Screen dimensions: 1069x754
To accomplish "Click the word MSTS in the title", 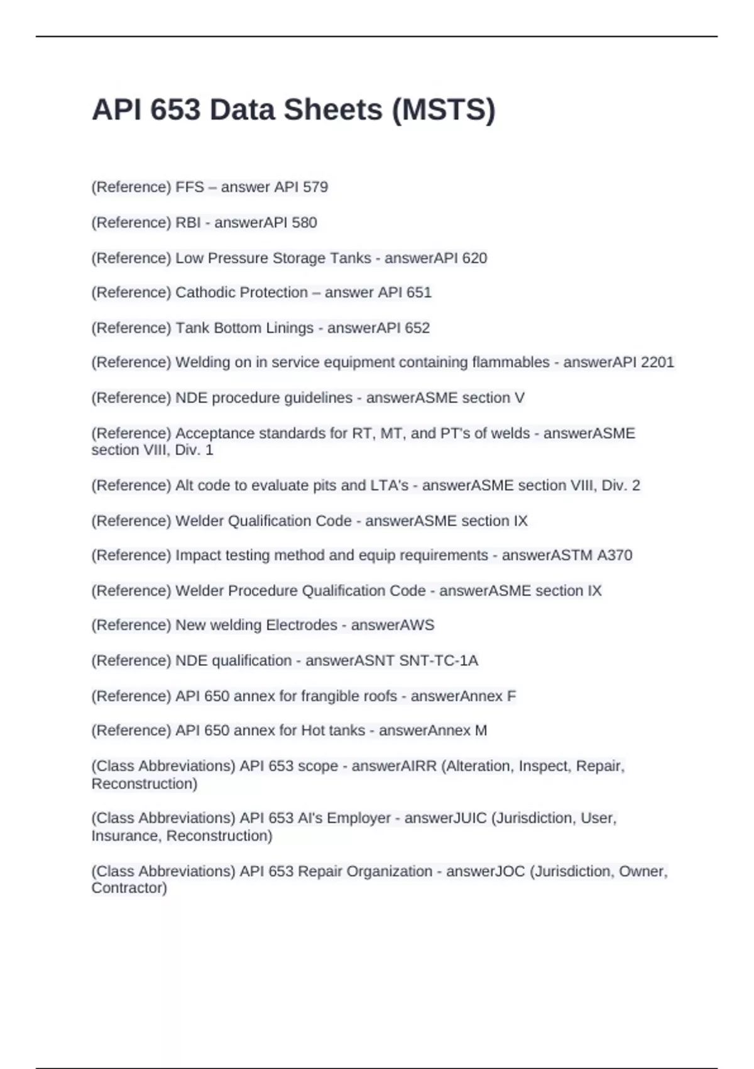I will coord(444,110).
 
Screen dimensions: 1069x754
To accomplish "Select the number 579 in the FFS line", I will coord(315,187).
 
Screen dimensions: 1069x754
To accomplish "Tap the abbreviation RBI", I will coord(188,223).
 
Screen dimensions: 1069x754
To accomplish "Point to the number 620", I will coord(474,258).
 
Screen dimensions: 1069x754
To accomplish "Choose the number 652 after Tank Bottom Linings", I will coord(417,328).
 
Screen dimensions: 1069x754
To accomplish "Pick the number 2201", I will coord(657,362).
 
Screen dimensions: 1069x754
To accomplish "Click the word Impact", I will coord(197,555).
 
